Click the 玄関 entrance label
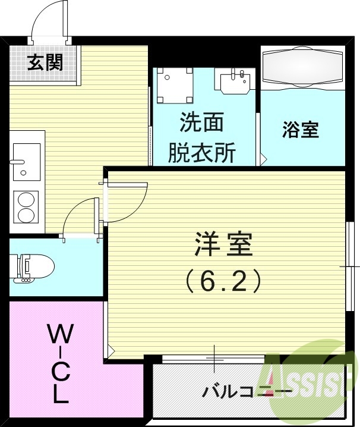pos(45,62)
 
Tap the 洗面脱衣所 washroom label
pos(201,139)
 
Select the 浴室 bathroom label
pos(301,130)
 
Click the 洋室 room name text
pos(224,244)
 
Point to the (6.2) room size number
pos(224,281)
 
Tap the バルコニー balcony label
pos(247,391)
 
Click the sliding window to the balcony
pos(213,358)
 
